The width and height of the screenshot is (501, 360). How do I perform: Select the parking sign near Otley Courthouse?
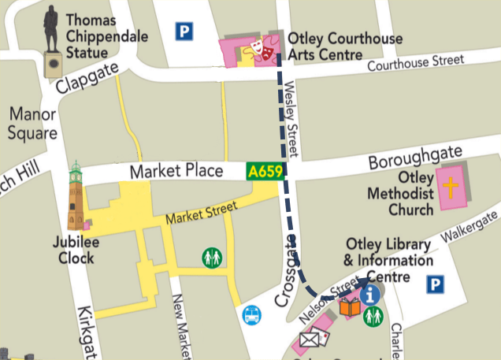pos(184,32)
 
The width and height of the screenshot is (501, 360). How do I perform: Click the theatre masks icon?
pos(262,50)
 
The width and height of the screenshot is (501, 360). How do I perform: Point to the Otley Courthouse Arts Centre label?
pos(345,46)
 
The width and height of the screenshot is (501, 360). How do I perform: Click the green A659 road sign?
pos(265,171)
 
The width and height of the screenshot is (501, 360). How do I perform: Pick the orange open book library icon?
pos(350,306)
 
